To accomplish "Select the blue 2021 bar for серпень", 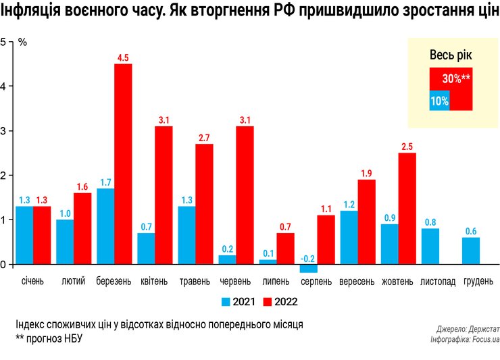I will (x=308, y=269).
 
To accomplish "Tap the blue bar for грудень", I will (x=471, y=251).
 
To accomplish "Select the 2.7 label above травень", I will (x=204, y=138).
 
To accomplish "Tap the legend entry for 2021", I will (x=237, y=302).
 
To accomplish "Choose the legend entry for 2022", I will (x=279, y=302).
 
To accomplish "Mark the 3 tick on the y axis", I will (x=3, y=130).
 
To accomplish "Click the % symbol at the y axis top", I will (x=22, y=42).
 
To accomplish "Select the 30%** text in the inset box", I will (x=456, y=78).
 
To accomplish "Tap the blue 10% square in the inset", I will (x=439, y=101).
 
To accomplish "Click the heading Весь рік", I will (x=451, y=55).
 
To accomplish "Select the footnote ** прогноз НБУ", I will (x=48, y=338).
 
